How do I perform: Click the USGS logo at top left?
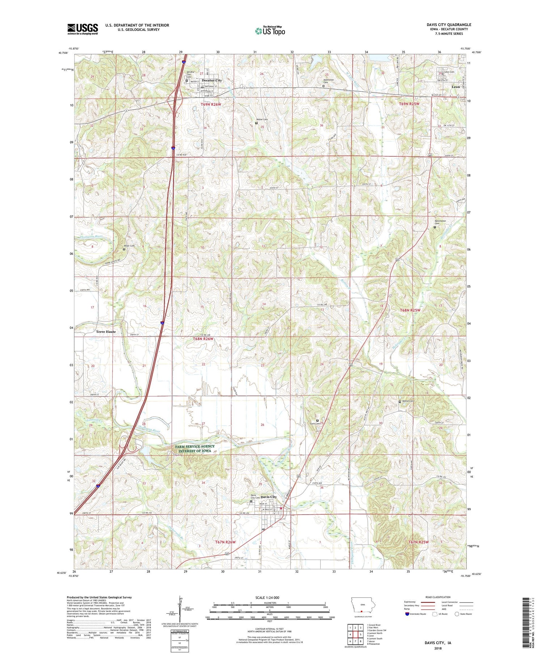[x=83, y=29]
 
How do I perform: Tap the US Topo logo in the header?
[x=270, y=31]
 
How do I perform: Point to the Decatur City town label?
[x=212, y=80]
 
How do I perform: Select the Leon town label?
[x=456, y=87]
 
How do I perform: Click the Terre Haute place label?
[x=106, y=332]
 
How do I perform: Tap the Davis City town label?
[x=269, y=497]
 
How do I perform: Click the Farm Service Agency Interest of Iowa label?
[x=195, y=449]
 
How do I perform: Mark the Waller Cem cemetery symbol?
[x=257, y=123]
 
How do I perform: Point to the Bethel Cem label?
[x=407, y=401]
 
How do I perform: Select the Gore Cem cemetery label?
[x=314, y=424]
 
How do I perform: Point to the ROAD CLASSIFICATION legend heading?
[x=438, y=597]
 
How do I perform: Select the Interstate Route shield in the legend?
[x=407, y=614]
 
